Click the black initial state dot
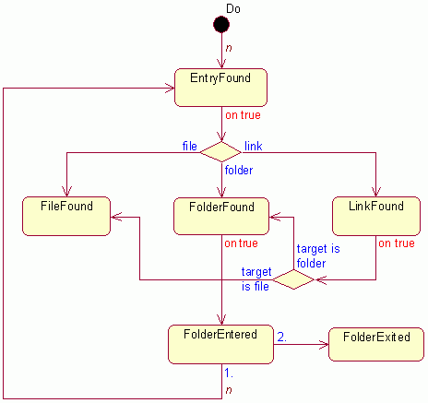(x=221, y=25)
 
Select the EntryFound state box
(x=220, y=88)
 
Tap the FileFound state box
(x=66, y=216)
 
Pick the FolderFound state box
(x=221, y=216)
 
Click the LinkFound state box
(x=376, y=216)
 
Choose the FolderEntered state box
(x=220, y=344)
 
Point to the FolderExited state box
(x=376, y=344)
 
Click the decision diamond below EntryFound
(x=221, y=152)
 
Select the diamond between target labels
(x=293, y=279)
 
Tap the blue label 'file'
(x=190, y=146)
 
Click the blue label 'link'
(x=254, y=146)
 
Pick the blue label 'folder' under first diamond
(x=239, y=170)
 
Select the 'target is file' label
(x=256, y=279)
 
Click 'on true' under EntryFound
(x=243, y=115)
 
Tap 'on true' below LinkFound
(x=397, y=243)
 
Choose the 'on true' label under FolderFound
(x=241, y=243)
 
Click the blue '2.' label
(x=282, y=337)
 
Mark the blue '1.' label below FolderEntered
(x=229, y=373)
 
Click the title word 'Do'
(x=233, y=8)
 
